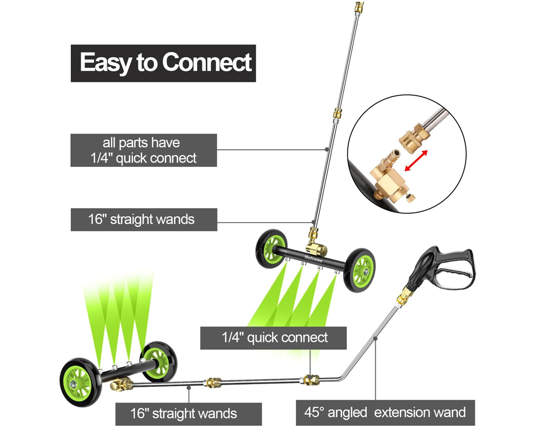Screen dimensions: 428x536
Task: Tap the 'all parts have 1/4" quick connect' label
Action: (144, 150)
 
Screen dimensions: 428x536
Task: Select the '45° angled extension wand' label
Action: (385, 412)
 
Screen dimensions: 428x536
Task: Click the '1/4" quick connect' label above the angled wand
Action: (273, 338)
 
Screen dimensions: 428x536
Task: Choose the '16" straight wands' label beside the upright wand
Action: (144, 219)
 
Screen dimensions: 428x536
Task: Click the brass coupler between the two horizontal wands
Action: (212, 383)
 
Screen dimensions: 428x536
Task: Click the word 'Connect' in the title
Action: (207, 63)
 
